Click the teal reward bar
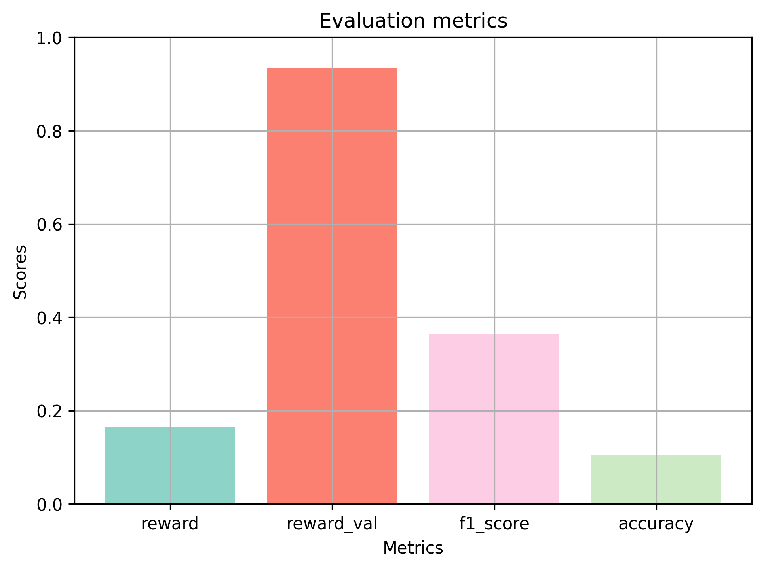tap(170, 465)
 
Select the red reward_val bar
tap(332, 286)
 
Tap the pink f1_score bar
tap(494, 419)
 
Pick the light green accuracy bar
tap(656, 480)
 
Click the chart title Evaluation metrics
tap(413, 21)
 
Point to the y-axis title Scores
tap(20, 272)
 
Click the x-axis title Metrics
tap(413, 548)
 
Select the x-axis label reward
tap(170, 524)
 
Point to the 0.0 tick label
tap(51, 505)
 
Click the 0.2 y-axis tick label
tap(51, 411)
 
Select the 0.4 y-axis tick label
tap(51, 318)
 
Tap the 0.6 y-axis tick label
tap(51, 225)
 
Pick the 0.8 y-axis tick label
tap(51, 131)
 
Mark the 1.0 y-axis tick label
tap(51, 38)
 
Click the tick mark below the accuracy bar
tap(656, 507)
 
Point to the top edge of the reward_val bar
tap(332, 68)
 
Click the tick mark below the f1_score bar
tap(494, 507)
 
